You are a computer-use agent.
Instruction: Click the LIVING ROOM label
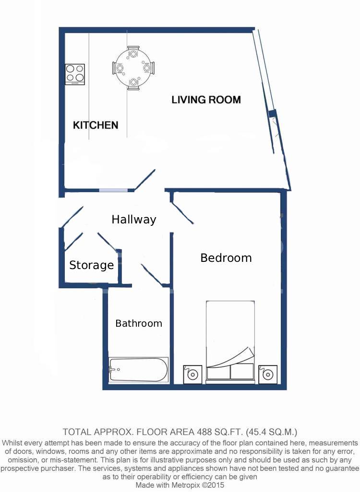(x=206, y=100)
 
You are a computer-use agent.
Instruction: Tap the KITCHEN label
(x=96, y=125)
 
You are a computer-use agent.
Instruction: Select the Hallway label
(x=134, y=220)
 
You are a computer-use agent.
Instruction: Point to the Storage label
(x=91, y=265)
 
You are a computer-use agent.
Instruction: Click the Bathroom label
(x=139, y=323)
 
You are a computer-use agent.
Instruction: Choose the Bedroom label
(x=226, y=258)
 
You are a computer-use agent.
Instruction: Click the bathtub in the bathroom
(x=139, y=370)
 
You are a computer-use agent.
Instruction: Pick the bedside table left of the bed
(x=193, y=374)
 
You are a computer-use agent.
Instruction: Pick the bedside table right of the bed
(x=267, y=374)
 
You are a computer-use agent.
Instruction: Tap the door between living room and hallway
(x=145, y=180)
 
